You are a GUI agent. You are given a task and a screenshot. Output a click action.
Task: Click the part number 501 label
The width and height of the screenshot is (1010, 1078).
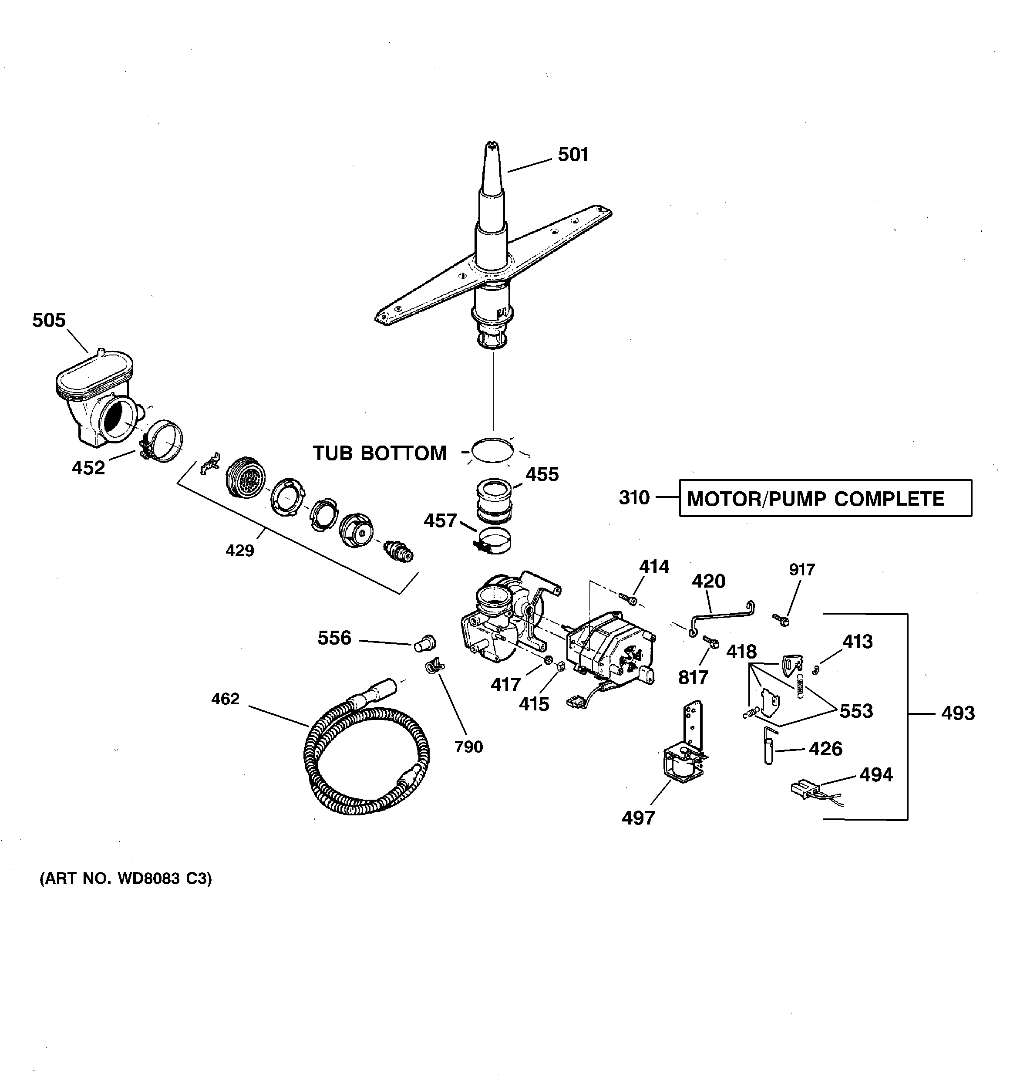pyautogui.click(x=573, y=155)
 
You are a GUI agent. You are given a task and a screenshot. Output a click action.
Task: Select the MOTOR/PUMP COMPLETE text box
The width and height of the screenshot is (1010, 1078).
pyautogui.click(x=825, y=498)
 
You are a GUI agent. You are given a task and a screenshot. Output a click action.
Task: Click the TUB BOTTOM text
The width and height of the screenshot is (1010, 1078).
pyautogui.click(x=380, y=453)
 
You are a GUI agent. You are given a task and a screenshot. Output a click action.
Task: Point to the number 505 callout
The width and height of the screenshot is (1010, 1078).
pyautogui.click(x=49, y=321)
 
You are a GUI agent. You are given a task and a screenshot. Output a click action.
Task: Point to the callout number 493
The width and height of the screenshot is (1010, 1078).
pyautogui.click(x=958, y=713)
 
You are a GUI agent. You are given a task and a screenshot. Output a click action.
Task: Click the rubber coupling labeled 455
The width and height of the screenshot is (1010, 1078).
pyautogui.click(x=495, y=500)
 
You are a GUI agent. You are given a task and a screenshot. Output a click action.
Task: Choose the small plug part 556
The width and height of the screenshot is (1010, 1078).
pyautogui.click(x=424, y=643)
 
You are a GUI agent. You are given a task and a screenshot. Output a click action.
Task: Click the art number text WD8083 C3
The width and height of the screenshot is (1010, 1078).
pyautogui.click(x=126, y=879)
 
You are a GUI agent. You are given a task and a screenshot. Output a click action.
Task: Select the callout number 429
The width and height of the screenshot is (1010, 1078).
pyautogui.click(x=239, y=551)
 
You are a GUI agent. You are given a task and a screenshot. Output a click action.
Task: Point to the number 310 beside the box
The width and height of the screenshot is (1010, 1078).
pyautogui.click(x=634, y=498)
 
